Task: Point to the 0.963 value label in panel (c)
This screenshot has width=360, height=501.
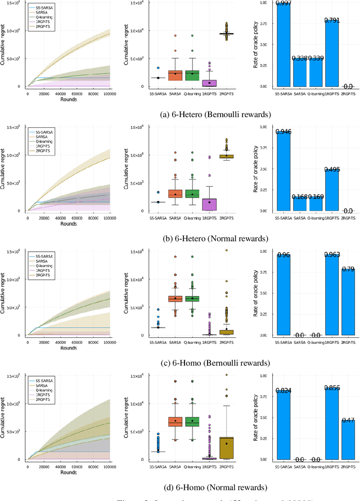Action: tap(332, 256)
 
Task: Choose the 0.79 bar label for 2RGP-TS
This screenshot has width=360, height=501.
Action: tap(348, 270)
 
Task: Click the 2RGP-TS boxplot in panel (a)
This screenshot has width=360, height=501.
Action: tap(226, 34)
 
